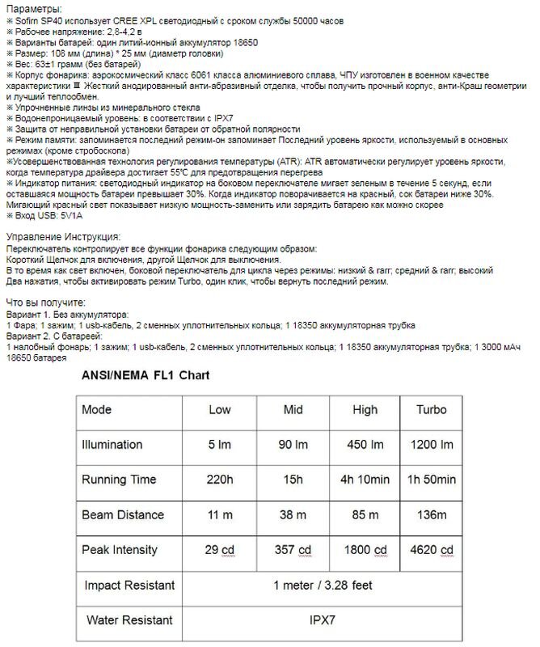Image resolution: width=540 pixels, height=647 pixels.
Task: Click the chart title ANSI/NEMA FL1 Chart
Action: click(146, 375)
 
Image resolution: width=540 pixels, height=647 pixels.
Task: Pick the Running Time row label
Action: click(119, 480)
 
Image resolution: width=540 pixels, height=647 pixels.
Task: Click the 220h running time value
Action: click(219, 480)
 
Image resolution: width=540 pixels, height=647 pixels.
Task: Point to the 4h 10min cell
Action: click(361, 480)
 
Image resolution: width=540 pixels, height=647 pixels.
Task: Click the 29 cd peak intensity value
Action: click(219, 550)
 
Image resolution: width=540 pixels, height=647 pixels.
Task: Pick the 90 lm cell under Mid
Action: click(293, 444)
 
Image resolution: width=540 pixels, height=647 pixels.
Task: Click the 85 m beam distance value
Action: click(361, 515)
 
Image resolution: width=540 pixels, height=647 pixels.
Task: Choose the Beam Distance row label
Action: click(123, 515)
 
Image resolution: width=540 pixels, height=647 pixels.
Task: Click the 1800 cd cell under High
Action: click(361, 550)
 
